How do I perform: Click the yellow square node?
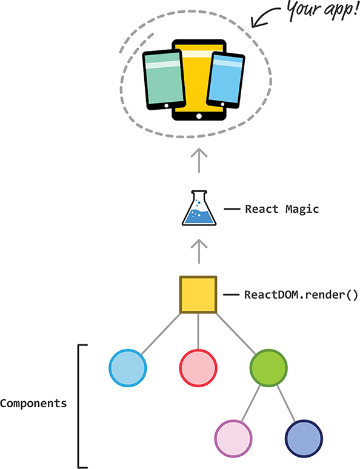point(198,295)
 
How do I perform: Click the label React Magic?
point(281,210)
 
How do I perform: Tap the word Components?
point(33,403)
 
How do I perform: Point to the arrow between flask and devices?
point(199,162)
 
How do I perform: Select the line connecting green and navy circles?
point(285,402)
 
